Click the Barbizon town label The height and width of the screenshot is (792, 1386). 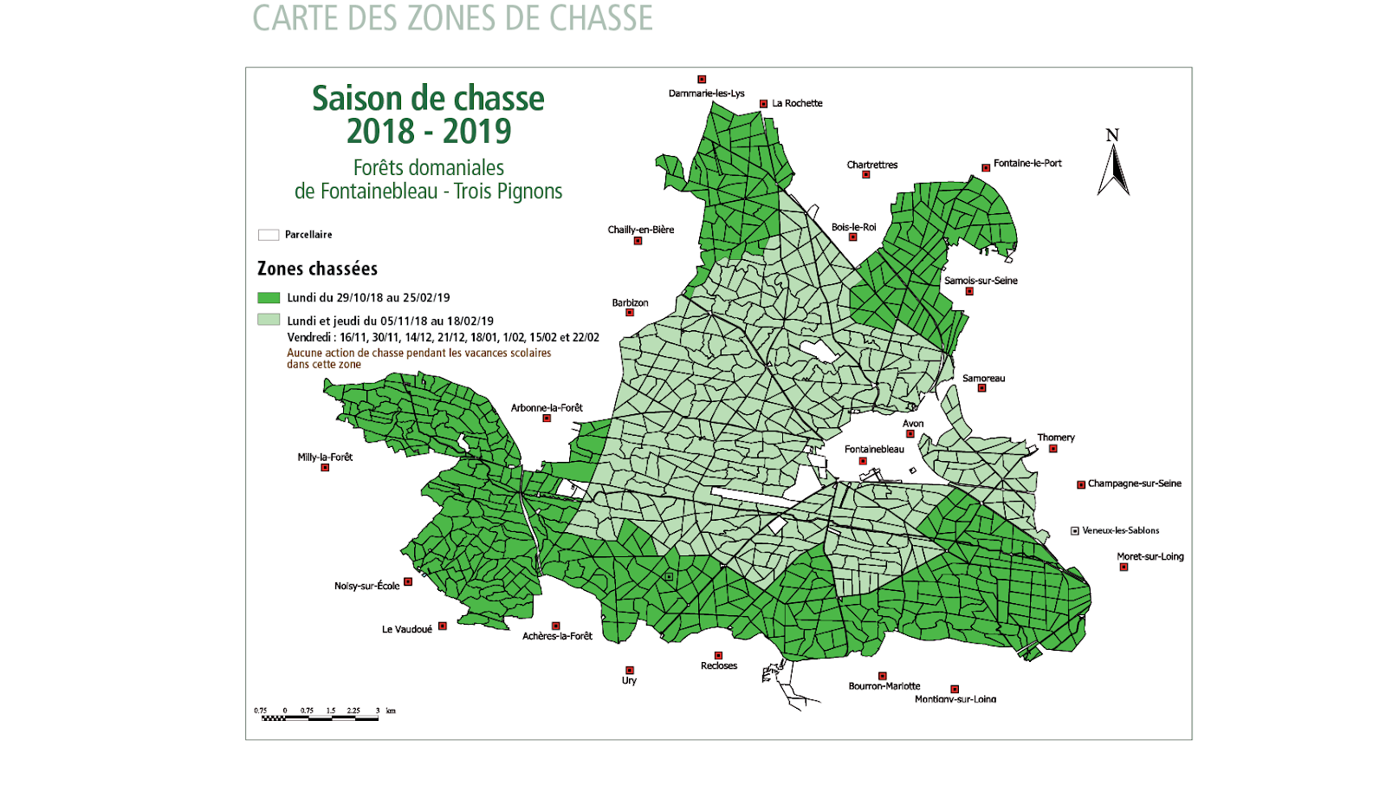pyautogui.click(x=630, y=302)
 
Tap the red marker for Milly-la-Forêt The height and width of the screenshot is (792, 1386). pyautogui.click(x=325, y=468)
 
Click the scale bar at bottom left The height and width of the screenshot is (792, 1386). pyautogui.click(x=321, y=717)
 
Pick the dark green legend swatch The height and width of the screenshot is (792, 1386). pyautogui.click(x=269, y=297)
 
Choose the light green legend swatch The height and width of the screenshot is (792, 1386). pyautogui.click(x=269, y=320)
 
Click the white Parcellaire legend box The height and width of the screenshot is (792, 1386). pyautogui.click(x=269, y=235)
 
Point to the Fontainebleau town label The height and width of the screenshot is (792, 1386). pyautogui.click(x=874, y=449)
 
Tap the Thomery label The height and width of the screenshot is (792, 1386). pyautogui.click(x=1056, y=438)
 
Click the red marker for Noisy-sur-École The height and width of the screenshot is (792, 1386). pyautogui.click(x=408, y=581)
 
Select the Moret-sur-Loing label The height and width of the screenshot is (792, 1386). pyautogui.click(x=1150, y=556)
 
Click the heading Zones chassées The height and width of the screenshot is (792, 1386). pyautogui.click(x=317, y=269)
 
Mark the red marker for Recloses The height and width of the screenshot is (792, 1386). pyautogui.click(x=718, y=656)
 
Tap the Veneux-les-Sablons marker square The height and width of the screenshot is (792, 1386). pyautogui.click(x=1075, y=530)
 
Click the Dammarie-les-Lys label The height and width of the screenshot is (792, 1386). pyautogui.click(x=706, y=93)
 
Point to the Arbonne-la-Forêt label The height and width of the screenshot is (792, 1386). pyautogui.click(x=547, y=407)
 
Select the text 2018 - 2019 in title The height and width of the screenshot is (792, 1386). pyautogui.click(x=429, y=132)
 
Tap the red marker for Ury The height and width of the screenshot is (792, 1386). pyautogui.click(x=630, y=671)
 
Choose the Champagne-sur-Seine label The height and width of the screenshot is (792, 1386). pyautogui.click(x=1134, y=484)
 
